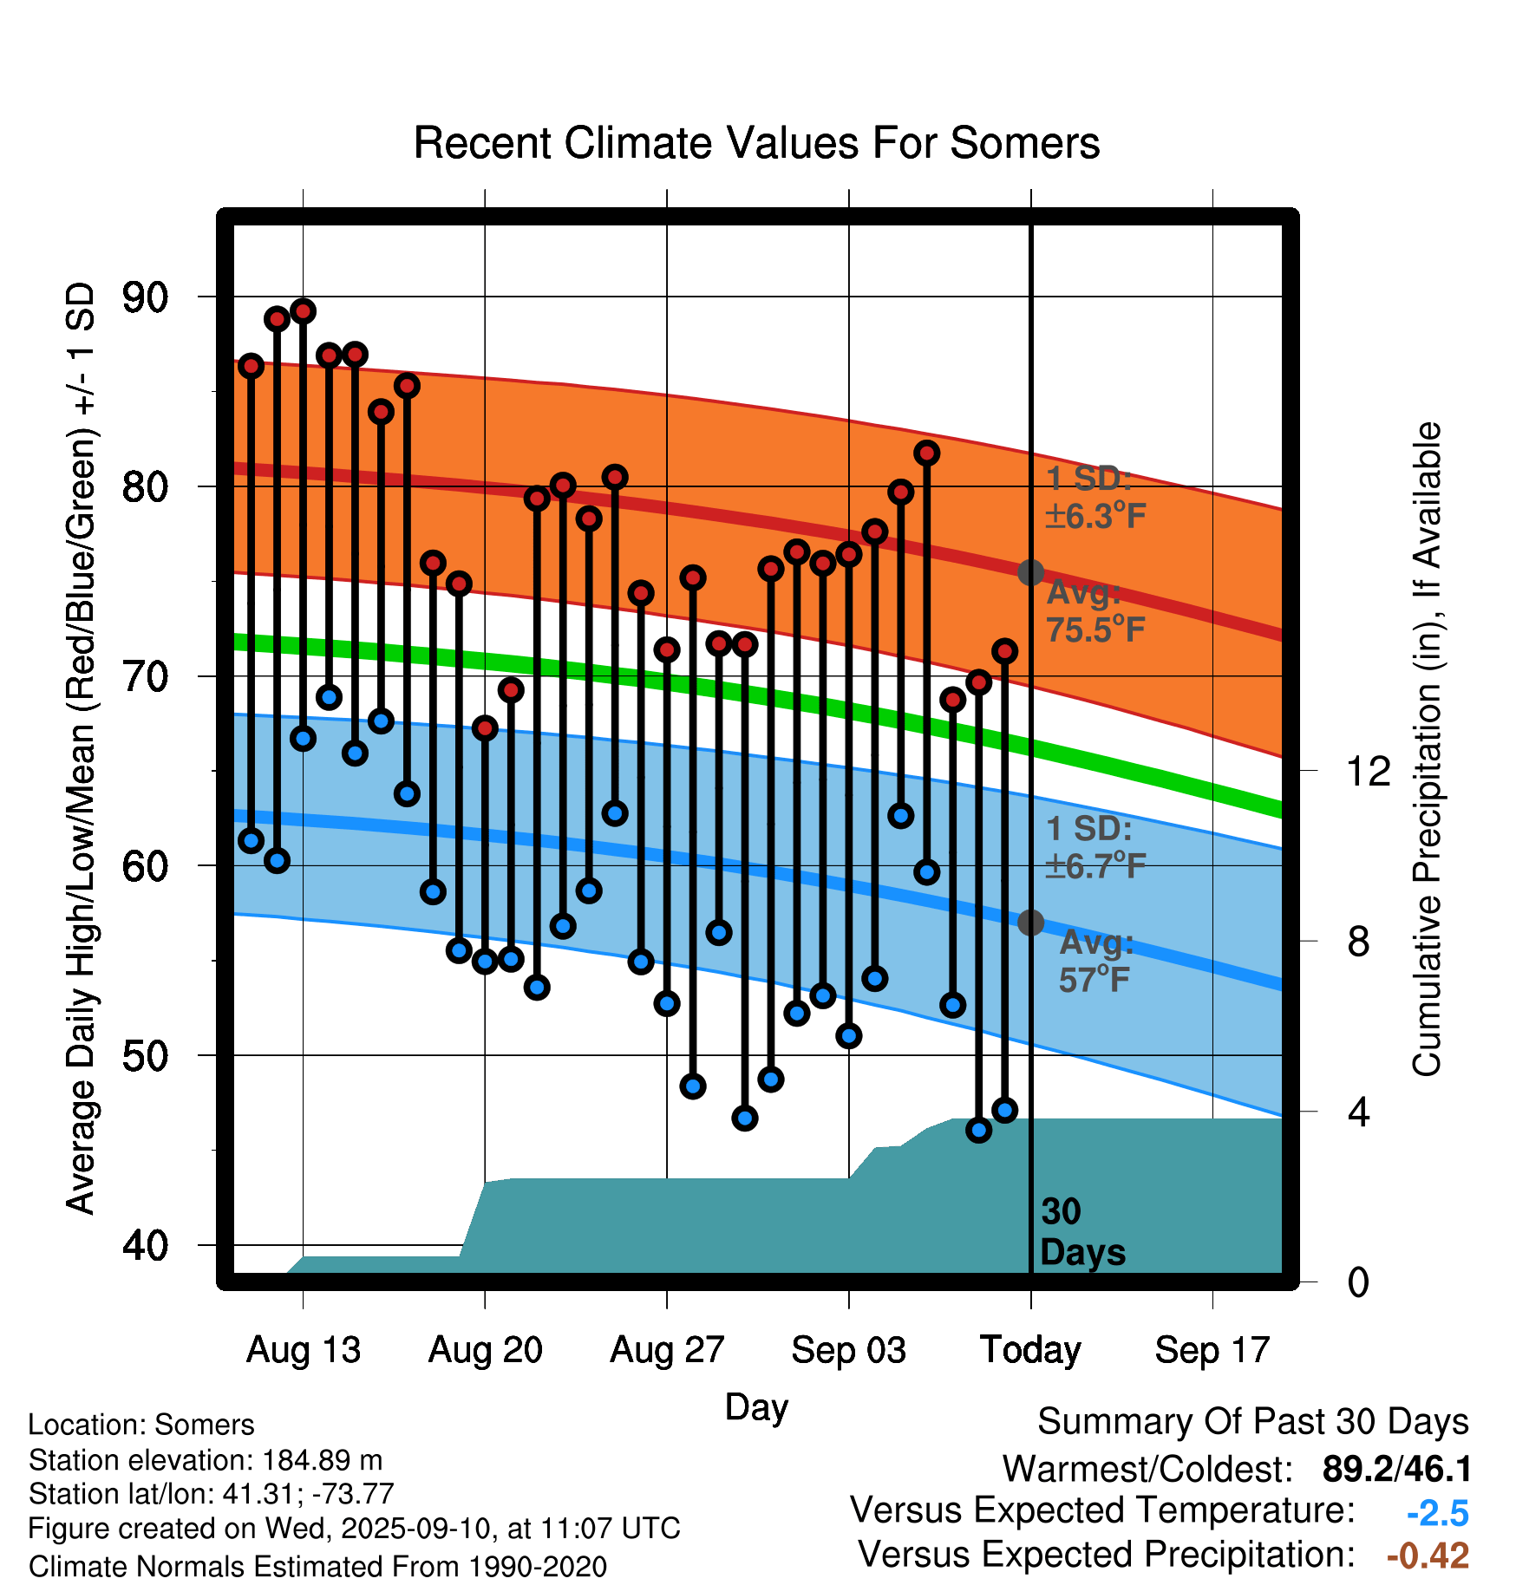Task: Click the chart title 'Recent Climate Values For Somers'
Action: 756,143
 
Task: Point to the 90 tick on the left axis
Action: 145,297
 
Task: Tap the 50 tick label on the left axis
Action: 145,1056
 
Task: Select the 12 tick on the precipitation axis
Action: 1369,771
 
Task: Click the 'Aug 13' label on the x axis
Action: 304,1350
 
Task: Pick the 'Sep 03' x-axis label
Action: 848,1350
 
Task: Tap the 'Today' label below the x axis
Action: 1030,1350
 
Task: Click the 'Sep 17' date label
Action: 1212,1350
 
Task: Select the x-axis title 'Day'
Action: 756,1406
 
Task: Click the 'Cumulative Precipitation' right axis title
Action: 1426,749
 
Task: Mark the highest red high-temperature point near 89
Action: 303,311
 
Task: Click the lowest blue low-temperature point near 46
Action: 978,1130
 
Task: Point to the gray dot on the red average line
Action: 1030,572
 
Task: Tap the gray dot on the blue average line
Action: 1030,923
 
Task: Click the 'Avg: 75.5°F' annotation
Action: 1095,611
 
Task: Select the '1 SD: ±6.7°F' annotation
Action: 1095,847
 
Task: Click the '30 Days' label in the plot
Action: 1081,1232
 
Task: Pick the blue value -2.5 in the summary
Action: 1437,1513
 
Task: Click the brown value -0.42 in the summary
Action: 1428,1556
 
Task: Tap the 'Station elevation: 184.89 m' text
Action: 206,1460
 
